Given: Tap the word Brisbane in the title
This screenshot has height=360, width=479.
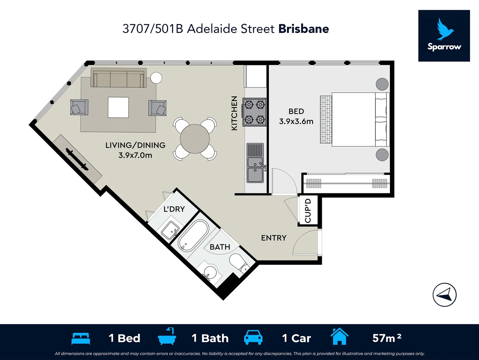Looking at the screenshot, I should (x=304, y=29).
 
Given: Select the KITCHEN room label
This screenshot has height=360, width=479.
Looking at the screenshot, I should (x=234, y=113).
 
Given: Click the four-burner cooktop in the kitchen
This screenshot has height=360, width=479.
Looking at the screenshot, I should (x=255, y=112).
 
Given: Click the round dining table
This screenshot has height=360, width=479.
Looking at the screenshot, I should (x=195, y=139).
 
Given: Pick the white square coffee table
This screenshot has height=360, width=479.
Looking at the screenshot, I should (x=118, y=107).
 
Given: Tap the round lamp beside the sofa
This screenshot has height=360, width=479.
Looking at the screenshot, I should (x=156, y=78).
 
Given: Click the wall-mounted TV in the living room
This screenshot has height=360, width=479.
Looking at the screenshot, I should (x=77, y=159).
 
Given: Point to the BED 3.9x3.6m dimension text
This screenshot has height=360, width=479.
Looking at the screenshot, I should (x=296, y=121).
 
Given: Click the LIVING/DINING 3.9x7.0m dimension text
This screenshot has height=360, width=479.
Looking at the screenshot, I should (x=135, y=155).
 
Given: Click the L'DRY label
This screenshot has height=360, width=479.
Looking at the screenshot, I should (x=174, y=209).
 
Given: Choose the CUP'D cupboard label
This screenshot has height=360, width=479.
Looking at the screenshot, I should (x=308, y=211).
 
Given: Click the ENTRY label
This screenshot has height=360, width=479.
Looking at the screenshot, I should (x=274, y=238).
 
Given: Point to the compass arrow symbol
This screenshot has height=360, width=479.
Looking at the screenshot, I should (x=445, y=295).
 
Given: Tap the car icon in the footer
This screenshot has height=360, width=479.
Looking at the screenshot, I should (x=253, y=338).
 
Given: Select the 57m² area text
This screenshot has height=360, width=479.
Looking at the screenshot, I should (x=387, y=338).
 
